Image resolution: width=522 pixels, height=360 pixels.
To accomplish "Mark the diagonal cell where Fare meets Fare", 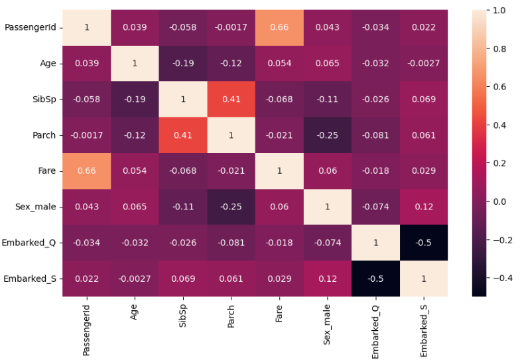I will point(280,170).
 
